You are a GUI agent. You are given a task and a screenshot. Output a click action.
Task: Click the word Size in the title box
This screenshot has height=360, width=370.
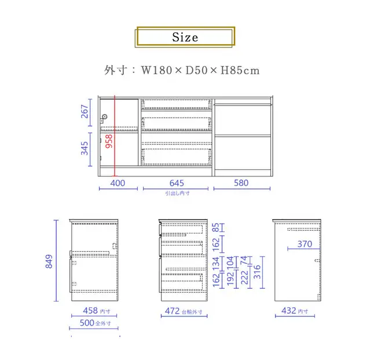coord(185,37)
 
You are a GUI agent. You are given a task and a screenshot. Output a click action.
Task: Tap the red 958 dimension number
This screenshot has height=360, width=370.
coord(109,141)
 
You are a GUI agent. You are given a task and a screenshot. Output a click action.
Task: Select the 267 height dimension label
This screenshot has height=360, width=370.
coord(84,111)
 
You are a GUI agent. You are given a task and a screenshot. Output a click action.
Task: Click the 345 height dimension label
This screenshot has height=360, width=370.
coord(84,148)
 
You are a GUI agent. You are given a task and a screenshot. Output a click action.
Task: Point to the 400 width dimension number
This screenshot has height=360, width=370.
coord(118,183)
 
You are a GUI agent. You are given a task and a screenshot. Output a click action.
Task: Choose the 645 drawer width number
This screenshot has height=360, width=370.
coord(177,183)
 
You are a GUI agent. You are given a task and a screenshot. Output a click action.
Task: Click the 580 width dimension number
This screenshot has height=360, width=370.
coord(241,183)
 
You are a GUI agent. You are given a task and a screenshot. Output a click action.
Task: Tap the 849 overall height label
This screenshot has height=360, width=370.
coord(49,261)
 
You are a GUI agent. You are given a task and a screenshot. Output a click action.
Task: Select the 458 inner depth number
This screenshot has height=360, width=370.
coord(90,310)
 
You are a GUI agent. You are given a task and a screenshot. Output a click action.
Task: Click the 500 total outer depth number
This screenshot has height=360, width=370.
coord(87,323)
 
